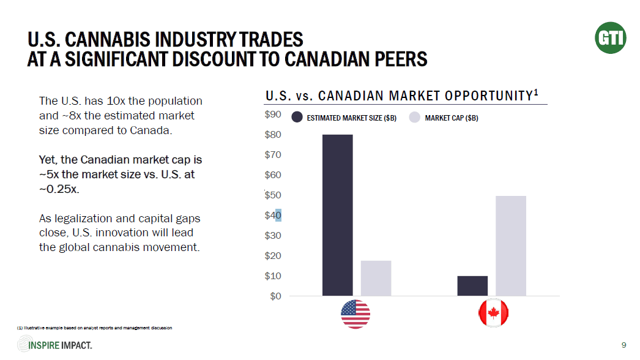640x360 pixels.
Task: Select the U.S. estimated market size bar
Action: click(337, 215)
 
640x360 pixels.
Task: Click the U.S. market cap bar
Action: click(376, 278)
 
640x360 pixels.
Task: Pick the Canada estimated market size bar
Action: click(472, 285)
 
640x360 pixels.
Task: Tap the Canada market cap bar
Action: click(511, 246)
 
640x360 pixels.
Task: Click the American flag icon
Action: click(355, 314)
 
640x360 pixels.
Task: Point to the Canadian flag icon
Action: click(493, 314)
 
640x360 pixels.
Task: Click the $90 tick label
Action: click(273, 114)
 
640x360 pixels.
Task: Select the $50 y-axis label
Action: click(273, 195)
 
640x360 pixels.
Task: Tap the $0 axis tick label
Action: click(275, 296)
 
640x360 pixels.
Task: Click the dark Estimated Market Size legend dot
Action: click(297, 118)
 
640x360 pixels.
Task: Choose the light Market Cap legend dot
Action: click(414, 118)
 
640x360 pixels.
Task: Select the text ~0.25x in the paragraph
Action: click(59, 189)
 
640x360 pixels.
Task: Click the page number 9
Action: click(623, 345)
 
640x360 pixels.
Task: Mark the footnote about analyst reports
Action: click(95, 328)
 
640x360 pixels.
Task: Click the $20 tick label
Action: click(273, 256)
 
